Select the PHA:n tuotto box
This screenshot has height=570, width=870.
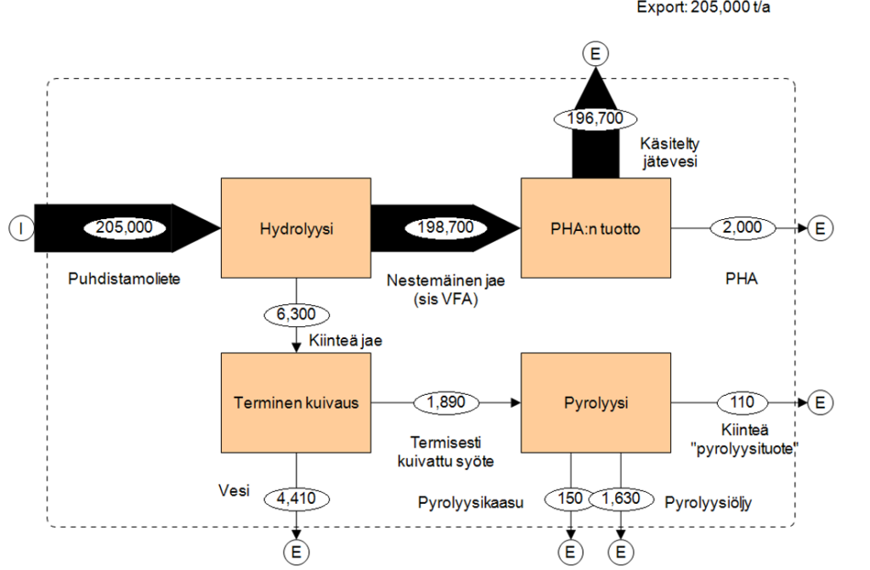tap(595, 228)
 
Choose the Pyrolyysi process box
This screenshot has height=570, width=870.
tap(595, 402)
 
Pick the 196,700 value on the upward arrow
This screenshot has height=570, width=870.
tap(595, 118)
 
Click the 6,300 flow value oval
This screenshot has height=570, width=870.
tap(295, 315)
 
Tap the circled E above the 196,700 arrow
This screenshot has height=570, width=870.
tap(595, 54)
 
